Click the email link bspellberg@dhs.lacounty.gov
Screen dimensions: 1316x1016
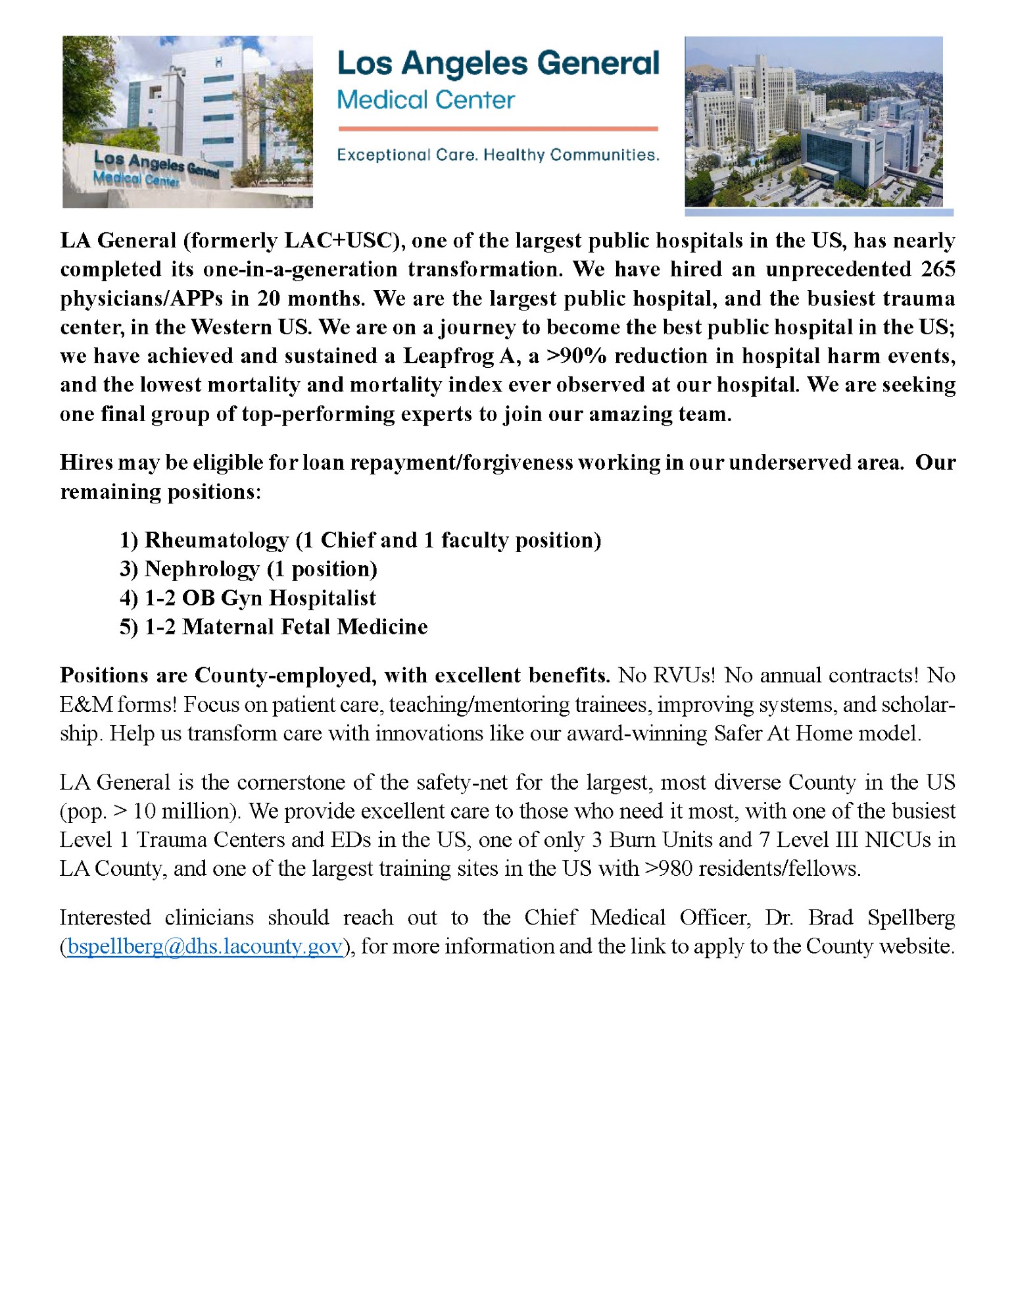pos(205,946)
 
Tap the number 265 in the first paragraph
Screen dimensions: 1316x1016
pos(938,269)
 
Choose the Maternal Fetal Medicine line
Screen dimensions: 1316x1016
pos(274,627)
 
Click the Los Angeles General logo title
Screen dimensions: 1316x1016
pos(498,64)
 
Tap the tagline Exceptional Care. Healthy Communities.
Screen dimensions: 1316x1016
pos(498,155)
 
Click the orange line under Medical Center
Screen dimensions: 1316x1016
pos(498,129)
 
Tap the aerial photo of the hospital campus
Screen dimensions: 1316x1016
pos(813,122)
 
